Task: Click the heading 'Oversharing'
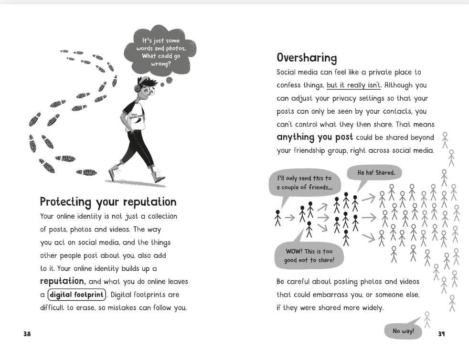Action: (307, 58)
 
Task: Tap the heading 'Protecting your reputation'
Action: (108, 201)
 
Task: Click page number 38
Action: (27, 334)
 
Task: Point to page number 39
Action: (441, 334)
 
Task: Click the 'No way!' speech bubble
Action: (403, 331)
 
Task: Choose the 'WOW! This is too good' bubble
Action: (309, 255)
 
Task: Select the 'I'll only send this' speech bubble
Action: (305, 183)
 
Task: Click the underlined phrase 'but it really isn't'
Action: (353, 85)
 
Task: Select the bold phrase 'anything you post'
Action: (315, 137)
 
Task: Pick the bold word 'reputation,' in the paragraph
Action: (63, 281)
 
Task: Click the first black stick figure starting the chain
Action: (277, 218)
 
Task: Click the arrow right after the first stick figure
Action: (289, 218)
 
